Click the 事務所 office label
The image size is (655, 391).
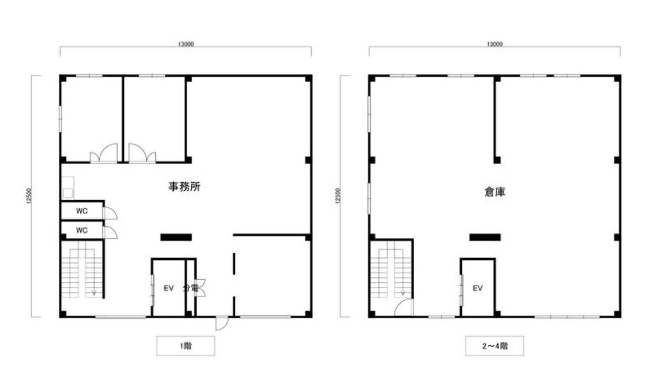(x=184, y=187)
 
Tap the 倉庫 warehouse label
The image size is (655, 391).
(x=495, y=192)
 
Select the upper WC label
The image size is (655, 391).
(x=82, y=211)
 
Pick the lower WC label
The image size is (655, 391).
(x=82, y=230)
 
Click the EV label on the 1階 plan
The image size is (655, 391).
(x=168, y=288)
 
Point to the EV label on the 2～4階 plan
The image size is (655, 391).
(x=477, y=288)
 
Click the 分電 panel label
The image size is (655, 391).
(x=190, y=288)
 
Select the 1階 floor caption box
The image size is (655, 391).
(x=185, y=346)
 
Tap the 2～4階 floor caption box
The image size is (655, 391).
(x=495, y=346)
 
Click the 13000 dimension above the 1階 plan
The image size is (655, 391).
(x=185, y=44)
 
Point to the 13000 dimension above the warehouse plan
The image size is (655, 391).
(x=495, y=44)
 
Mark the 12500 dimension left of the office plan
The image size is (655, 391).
(x=28, y=196)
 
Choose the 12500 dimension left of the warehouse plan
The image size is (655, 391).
(x=337, y=196)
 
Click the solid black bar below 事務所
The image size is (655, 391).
(x=176, y=237)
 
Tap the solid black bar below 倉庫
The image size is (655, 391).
(x=485, y=237)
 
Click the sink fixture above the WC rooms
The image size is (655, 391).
(x=68, y=188)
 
